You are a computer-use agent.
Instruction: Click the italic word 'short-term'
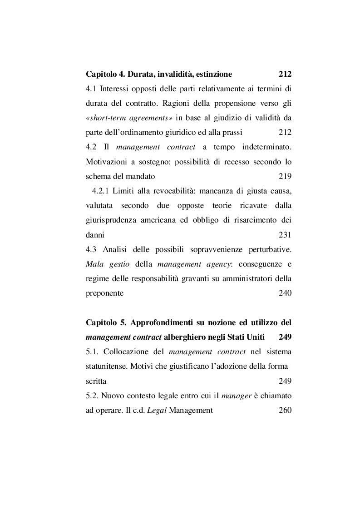pyautogui.click(x=104, y=118)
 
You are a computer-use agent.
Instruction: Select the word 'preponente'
pyautogui.click(x=104, y=293)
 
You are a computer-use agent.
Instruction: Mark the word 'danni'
pyautogui.click(x=95, y=235)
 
